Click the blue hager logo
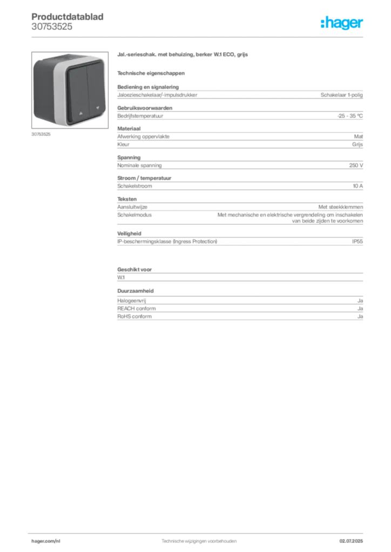342,23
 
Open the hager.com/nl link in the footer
48,540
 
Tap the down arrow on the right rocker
98,107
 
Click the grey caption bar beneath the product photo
41,134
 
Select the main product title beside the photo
184,55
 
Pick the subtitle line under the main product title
151,72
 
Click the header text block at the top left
68,22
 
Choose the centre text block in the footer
200,540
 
